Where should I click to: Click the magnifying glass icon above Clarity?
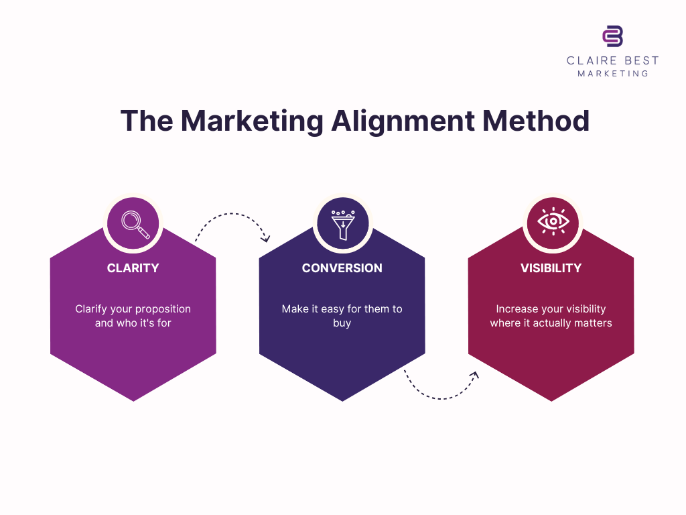point(133,223)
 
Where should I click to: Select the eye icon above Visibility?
point(552,223)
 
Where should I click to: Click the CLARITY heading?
point(133,268)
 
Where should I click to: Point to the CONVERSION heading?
point(342,268)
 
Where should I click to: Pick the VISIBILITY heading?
point(551,268)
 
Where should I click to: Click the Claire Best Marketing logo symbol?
point(612,36)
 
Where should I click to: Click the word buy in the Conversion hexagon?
point(342,323)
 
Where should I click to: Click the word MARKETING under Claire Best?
point(612,73)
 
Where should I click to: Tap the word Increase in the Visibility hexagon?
point(517,309)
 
